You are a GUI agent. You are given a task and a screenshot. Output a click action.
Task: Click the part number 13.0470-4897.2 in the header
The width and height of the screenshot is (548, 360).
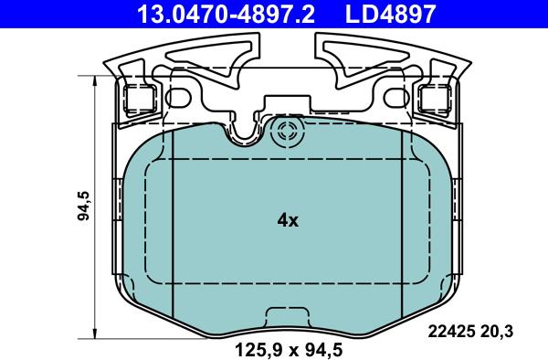(x=227, y=14)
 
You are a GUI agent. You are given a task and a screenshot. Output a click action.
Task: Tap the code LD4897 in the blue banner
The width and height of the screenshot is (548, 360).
(x=391, y=14)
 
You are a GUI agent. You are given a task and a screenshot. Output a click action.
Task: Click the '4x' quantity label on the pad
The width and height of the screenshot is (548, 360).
(x=288, y=220)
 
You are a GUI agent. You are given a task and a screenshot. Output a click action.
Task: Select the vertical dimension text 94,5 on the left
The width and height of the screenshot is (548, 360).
(x=84, y=206)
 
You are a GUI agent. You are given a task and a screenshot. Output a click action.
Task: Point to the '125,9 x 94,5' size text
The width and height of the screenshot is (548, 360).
(x=289, y=350)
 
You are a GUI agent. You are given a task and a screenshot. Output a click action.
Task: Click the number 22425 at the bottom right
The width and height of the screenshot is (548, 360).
(x=451, y=331)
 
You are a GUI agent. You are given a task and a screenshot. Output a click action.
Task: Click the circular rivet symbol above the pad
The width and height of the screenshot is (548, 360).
(x=288, y=132)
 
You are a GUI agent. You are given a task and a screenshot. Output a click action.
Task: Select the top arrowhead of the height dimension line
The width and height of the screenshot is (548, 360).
(x=94, y=80)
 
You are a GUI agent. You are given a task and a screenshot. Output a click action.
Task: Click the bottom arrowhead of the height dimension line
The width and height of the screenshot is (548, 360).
(x=94, y=334)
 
